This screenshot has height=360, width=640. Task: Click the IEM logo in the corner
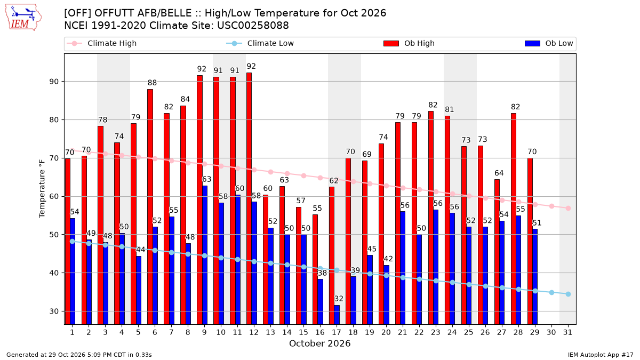[x=23, y=18]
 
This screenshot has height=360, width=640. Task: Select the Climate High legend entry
[x=101, y=43]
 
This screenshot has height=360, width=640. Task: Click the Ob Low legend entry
[x=549, y=43]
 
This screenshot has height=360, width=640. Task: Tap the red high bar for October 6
[x=150, y=207]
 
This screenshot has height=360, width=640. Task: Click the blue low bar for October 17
[x=337, y=315]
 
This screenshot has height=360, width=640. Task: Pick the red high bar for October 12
[x=249, y=198]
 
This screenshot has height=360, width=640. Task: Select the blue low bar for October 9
[x=205, y=255]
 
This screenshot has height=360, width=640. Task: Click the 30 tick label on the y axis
[x=54, y=311]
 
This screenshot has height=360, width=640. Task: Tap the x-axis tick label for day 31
[x=567, y=333]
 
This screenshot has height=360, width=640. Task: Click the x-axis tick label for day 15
[x=303, y=333]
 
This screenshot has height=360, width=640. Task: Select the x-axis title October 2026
[x=319, y=343]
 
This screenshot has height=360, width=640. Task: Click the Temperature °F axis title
[x=42, y=189]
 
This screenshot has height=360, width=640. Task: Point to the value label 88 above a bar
[x=153, y=83]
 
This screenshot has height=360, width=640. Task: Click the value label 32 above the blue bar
[x=339, y=299]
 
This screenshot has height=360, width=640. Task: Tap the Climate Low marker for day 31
[x=568, y=294]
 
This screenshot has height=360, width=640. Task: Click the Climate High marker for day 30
[x=551, y=206]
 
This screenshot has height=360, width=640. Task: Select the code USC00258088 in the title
[x=253, y=26]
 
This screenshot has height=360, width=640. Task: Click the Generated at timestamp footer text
[x=79, y=355]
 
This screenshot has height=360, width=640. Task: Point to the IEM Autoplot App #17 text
[x=601, y=355]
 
